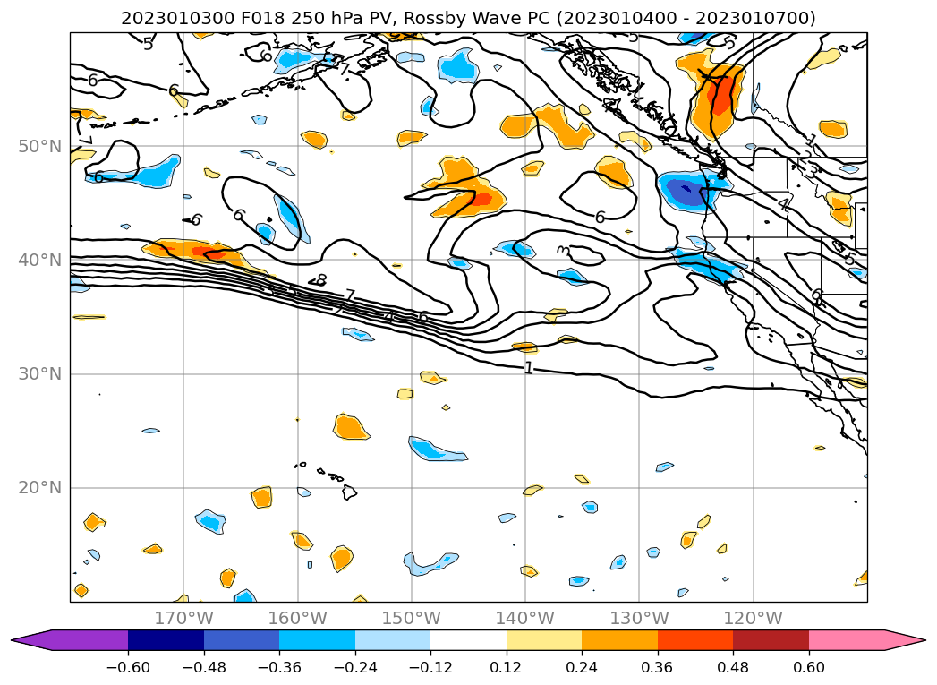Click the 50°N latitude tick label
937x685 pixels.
[x=40, y=146]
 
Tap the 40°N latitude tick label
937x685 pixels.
[x=40, y=260]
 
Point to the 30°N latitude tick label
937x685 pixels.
[x=40, y=373]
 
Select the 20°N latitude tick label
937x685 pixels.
[x=40, y=488]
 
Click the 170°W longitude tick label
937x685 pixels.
[x=183, y=618]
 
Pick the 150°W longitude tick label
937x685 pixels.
[x=411, y=618]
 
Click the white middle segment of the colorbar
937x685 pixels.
[x=468, y=640]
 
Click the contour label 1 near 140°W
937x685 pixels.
[x=528, y=368]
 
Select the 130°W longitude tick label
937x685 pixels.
[x=639, y=618]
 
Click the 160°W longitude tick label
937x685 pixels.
[x=297, y=618]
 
